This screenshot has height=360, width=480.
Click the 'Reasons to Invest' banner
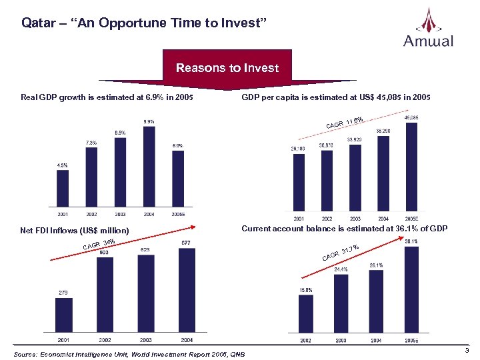(x=227, y=68)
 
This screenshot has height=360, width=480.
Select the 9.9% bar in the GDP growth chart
(x=149, y=167)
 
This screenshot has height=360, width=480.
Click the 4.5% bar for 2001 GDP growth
(x=62, y=189)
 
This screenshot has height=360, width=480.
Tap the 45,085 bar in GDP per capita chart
(x=411, y=167)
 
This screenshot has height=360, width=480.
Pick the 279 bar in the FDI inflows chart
(x=64, y=316)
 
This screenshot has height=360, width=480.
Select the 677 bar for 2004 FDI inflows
(x=187, y=291)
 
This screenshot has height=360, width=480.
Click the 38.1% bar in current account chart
(x=411, y=289)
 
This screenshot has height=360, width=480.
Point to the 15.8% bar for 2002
(x=305, y=313)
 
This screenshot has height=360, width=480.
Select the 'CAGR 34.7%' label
(x=341, y=253)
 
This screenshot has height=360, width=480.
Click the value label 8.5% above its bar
(x=120, y=133)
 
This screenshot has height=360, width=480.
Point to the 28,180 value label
(x=298, y=149)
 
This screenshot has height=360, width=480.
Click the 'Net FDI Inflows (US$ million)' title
(x=74, y=231)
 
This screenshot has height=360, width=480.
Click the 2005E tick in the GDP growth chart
(x=178, y=215)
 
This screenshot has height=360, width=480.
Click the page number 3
(x=467, y=351)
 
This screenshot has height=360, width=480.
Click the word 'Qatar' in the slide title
(x=36, y=23)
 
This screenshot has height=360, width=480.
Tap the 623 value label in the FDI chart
(x=146, y=250)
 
